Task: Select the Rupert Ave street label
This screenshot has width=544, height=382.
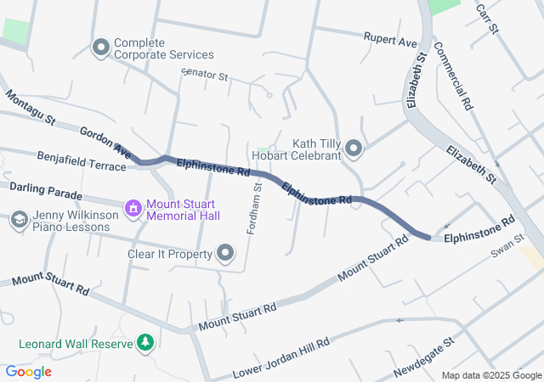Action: (390, 40)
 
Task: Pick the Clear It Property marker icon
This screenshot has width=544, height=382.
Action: (225, 254)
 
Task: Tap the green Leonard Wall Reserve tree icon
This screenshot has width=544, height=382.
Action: (146, 343)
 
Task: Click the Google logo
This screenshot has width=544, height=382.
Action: (29, 372)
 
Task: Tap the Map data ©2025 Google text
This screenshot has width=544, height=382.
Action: (491, 375)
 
